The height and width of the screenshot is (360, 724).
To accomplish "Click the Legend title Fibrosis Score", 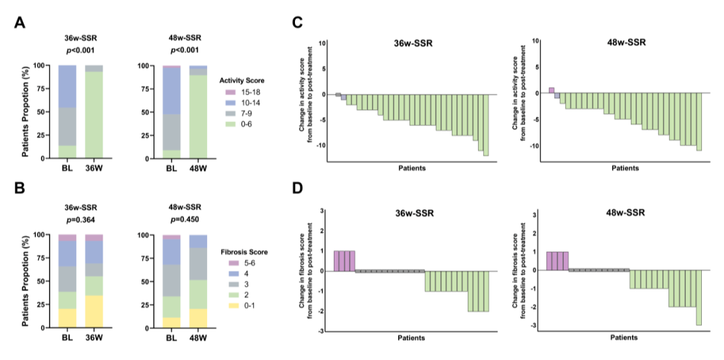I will [x=245, y=252].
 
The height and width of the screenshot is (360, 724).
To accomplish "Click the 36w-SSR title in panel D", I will [x=414, y=214].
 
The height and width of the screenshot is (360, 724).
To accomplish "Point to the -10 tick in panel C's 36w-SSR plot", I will [x=320, y=145].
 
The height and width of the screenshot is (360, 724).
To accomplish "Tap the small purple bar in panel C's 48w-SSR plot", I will [x=552, y=90].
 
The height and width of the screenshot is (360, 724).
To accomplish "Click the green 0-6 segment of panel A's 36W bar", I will [x=95, y=115].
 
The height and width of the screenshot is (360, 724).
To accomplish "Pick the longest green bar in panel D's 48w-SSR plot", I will [x=699, y=298].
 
